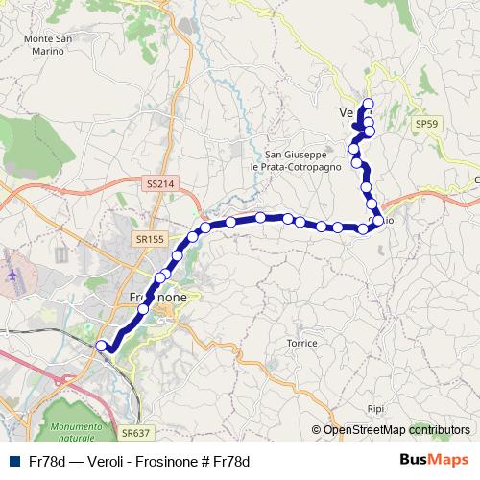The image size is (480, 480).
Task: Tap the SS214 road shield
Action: (161, 182)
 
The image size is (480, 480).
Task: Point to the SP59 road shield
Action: (426, 125)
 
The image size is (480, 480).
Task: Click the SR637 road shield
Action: (136, 434)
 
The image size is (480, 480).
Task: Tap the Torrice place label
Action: (302, 343)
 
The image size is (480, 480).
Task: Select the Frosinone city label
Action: (157, 298)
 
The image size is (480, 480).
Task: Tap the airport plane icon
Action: (13, 275)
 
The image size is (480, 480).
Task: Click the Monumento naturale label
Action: (76, 431)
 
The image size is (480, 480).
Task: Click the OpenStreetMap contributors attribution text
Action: (396, 430)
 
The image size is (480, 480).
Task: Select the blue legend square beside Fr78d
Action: (12, 462)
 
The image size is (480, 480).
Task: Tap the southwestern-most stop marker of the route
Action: (102, 346)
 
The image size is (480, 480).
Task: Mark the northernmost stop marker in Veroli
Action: (368, 104)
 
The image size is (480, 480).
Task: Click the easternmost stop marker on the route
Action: (378, 222)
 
